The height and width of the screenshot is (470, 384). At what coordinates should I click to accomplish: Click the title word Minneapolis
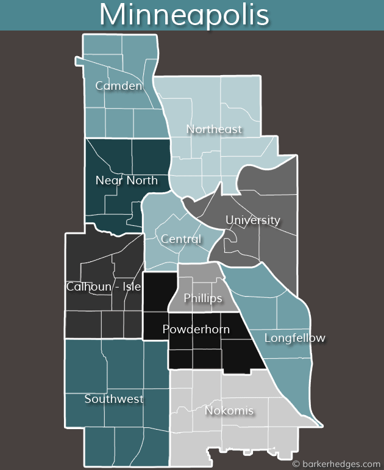[184, 15]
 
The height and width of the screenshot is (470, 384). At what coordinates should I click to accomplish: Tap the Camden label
[119, 86]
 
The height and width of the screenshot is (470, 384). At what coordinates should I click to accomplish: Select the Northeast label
[214, 129]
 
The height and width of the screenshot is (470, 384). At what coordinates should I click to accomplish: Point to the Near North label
[126, 181]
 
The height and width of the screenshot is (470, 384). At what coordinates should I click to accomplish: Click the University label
[253, 220]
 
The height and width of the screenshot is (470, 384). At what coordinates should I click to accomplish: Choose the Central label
[180, 239]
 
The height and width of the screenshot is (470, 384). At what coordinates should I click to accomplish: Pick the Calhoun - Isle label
[104, 287]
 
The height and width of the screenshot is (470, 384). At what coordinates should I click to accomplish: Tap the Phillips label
[203, 298]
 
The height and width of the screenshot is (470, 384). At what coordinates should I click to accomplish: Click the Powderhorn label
[196, 330]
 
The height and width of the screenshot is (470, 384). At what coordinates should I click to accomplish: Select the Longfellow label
[295, 338]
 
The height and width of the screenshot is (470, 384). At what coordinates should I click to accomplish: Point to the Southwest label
[114, 399]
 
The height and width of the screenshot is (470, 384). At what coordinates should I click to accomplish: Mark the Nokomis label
[229, 411]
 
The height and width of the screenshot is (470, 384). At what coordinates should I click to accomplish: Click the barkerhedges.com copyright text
[341, 463]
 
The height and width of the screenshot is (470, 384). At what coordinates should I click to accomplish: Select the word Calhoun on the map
[88, 287]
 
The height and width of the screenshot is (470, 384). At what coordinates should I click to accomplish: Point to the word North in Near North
[141, 181]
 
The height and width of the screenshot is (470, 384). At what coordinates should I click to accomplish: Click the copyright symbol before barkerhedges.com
[296, 463]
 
